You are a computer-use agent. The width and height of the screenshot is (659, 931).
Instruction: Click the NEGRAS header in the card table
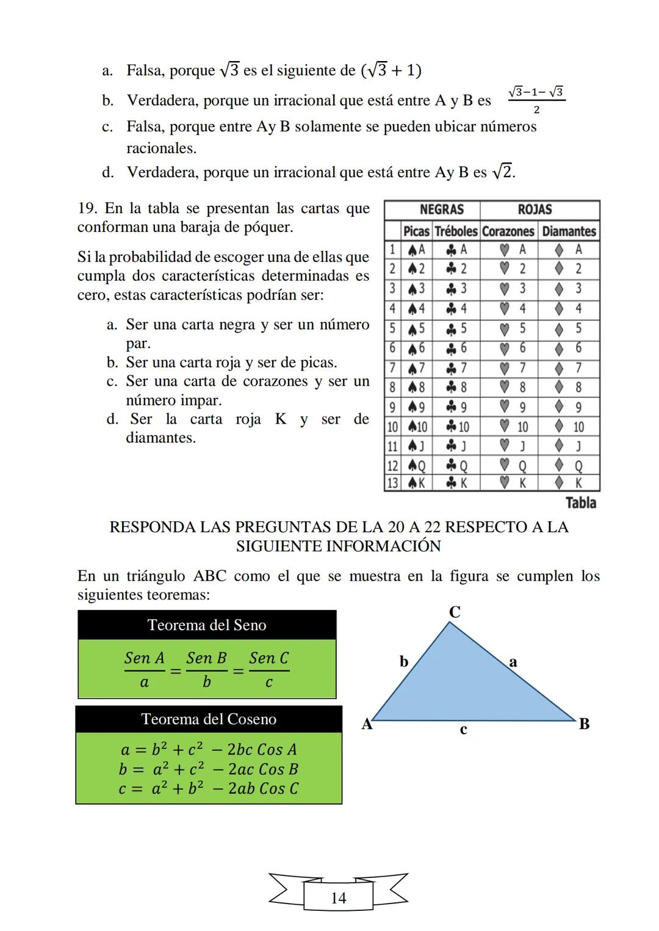pos(441,209)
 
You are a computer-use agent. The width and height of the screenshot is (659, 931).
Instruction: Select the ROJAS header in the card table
pos(535,209)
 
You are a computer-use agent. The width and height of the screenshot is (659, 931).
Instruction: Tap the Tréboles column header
pos(456,231)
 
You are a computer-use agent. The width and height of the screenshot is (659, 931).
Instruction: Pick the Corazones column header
pos(508,231)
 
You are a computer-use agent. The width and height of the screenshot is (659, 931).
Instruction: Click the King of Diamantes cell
pos(569,483)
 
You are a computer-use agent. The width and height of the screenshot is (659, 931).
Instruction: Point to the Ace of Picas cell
pos(416,250)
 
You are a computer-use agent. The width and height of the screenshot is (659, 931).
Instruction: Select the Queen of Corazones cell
pos(513,466)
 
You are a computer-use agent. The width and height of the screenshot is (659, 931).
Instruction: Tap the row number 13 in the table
pos(392,483)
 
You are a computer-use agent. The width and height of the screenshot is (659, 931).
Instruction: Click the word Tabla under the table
pos(580,503)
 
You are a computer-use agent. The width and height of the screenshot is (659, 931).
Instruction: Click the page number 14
pos(338,898)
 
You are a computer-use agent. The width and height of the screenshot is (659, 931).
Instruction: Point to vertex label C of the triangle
pos(455,612)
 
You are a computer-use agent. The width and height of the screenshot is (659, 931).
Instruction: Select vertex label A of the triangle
pos(367,724)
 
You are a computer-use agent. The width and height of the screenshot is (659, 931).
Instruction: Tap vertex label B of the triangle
pos(584,724)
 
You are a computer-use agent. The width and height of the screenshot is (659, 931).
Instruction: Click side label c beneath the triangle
pos(463,729)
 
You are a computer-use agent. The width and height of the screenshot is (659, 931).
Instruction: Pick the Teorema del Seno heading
pos(207,625)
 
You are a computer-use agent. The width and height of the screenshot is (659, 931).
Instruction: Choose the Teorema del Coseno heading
pos(209,719)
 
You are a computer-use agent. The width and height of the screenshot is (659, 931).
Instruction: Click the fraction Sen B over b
pos(206,670)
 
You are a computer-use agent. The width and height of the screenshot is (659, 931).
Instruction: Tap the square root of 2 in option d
pos(502,172)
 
